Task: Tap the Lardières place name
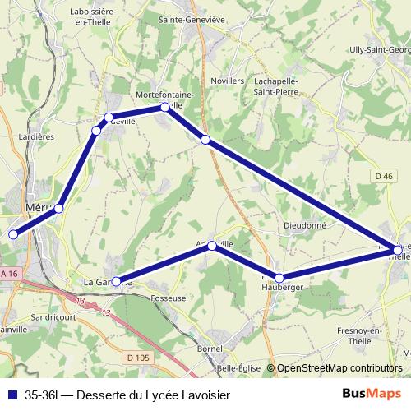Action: pyautogui.click(x=37, y=136)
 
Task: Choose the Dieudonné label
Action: pyautogui.click(x=304, y=224)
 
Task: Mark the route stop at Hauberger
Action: pyautogui.click(x=279, y=278)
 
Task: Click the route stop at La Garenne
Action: pyautogui.click(x=116, y=282)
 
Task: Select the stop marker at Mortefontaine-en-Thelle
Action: pyautogui.click(x=165, y=107)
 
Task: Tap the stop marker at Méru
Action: pyautogui.click(x=58, y=209)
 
